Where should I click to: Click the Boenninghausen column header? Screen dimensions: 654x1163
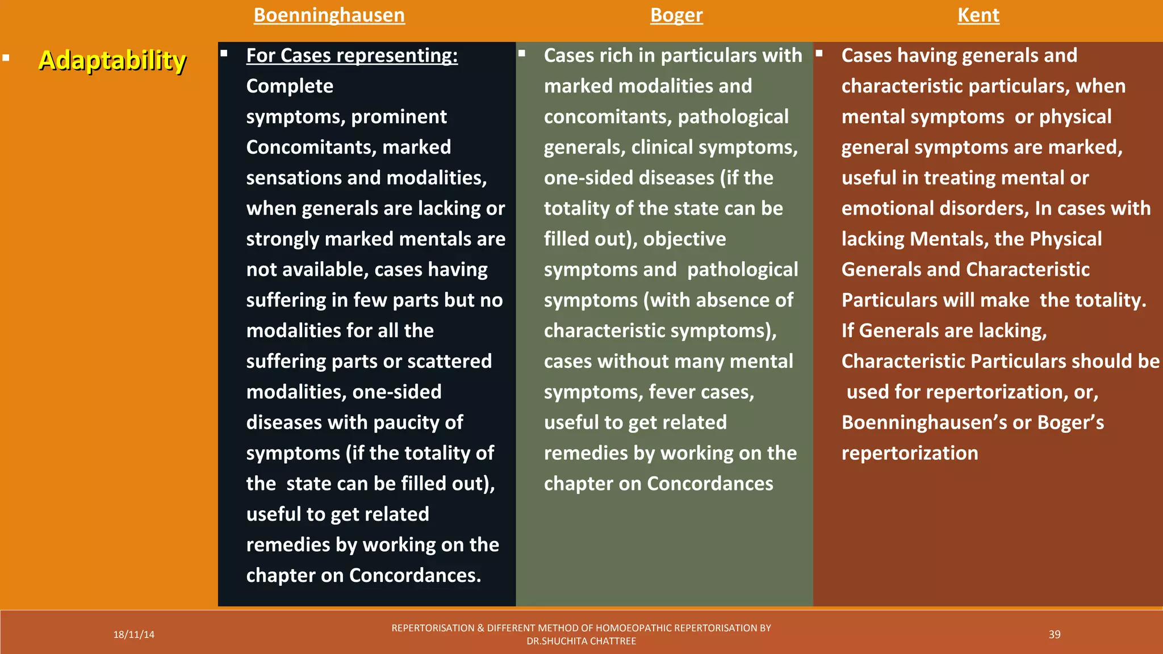click(329, 15)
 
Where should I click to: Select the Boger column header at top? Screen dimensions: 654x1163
click(676, 15)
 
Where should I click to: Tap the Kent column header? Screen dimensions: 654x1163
click(978, 15)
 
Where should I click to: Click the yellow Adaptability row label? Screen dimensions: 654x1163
click(112, 60)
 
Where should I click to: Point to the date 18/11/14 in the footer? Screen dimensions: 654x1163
click(133, 635)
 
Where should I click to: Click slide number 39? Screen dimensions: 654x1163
click(1054, 635)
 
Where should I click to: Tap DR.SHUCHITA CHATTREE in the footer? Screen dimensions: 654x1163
click(581, 642)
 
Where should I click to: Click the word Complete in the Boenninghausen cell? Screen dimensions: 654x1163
click(290, 86)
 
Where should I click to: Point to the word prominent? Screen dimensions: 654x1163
click(399, 117)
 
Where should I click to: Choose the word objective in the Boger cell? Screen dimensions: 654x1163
click(684, 239)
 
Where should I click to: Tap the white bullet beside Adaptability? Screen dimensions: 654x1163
click(6, 57)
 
